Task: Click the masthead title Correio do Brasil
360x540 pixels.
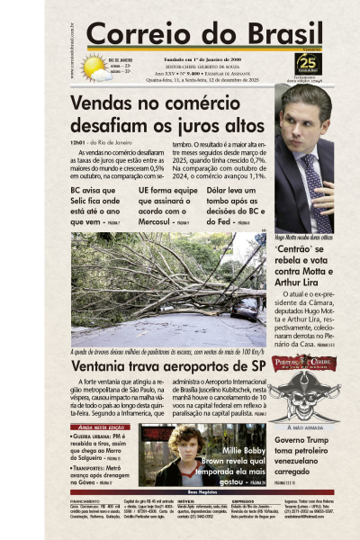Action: pos(180,32)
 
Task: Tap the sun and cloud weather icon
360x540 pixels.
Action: pos(94,67)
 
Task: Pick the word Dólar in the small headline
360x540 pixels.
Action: pos(220,191)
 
